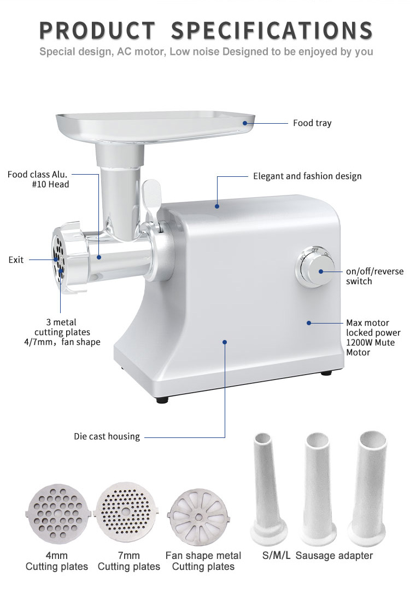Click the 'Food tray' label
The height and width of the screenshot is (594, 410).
click(x=312, y=123)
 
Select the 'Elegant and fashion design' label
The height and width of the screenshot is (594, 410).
click(x=307, y=176)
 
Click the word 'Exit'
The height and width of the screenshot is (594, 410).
click(x=16, y=260)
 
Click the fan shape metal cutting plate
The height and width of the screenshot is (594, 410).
click(x=198, y=517)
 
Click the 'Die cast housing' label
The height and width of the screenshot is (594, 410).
click(x=107, y=436)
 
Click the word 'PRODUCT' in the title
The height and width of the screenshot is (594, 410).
click(x=98, y=31)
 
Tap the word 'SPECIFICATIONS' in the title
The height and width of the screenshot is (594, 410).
click(x=272, y=31)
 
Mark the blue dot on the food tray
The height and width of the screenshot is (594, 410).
click(x=245, y=123)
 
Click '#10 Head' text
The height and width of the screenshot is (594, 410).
click(x=50, y=184)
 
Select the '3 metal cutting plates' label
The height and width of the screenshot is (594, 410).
click(x=62, y=327)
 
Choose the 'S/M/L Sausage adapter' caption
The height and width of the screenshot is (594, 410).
click(x=317, y=556)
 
